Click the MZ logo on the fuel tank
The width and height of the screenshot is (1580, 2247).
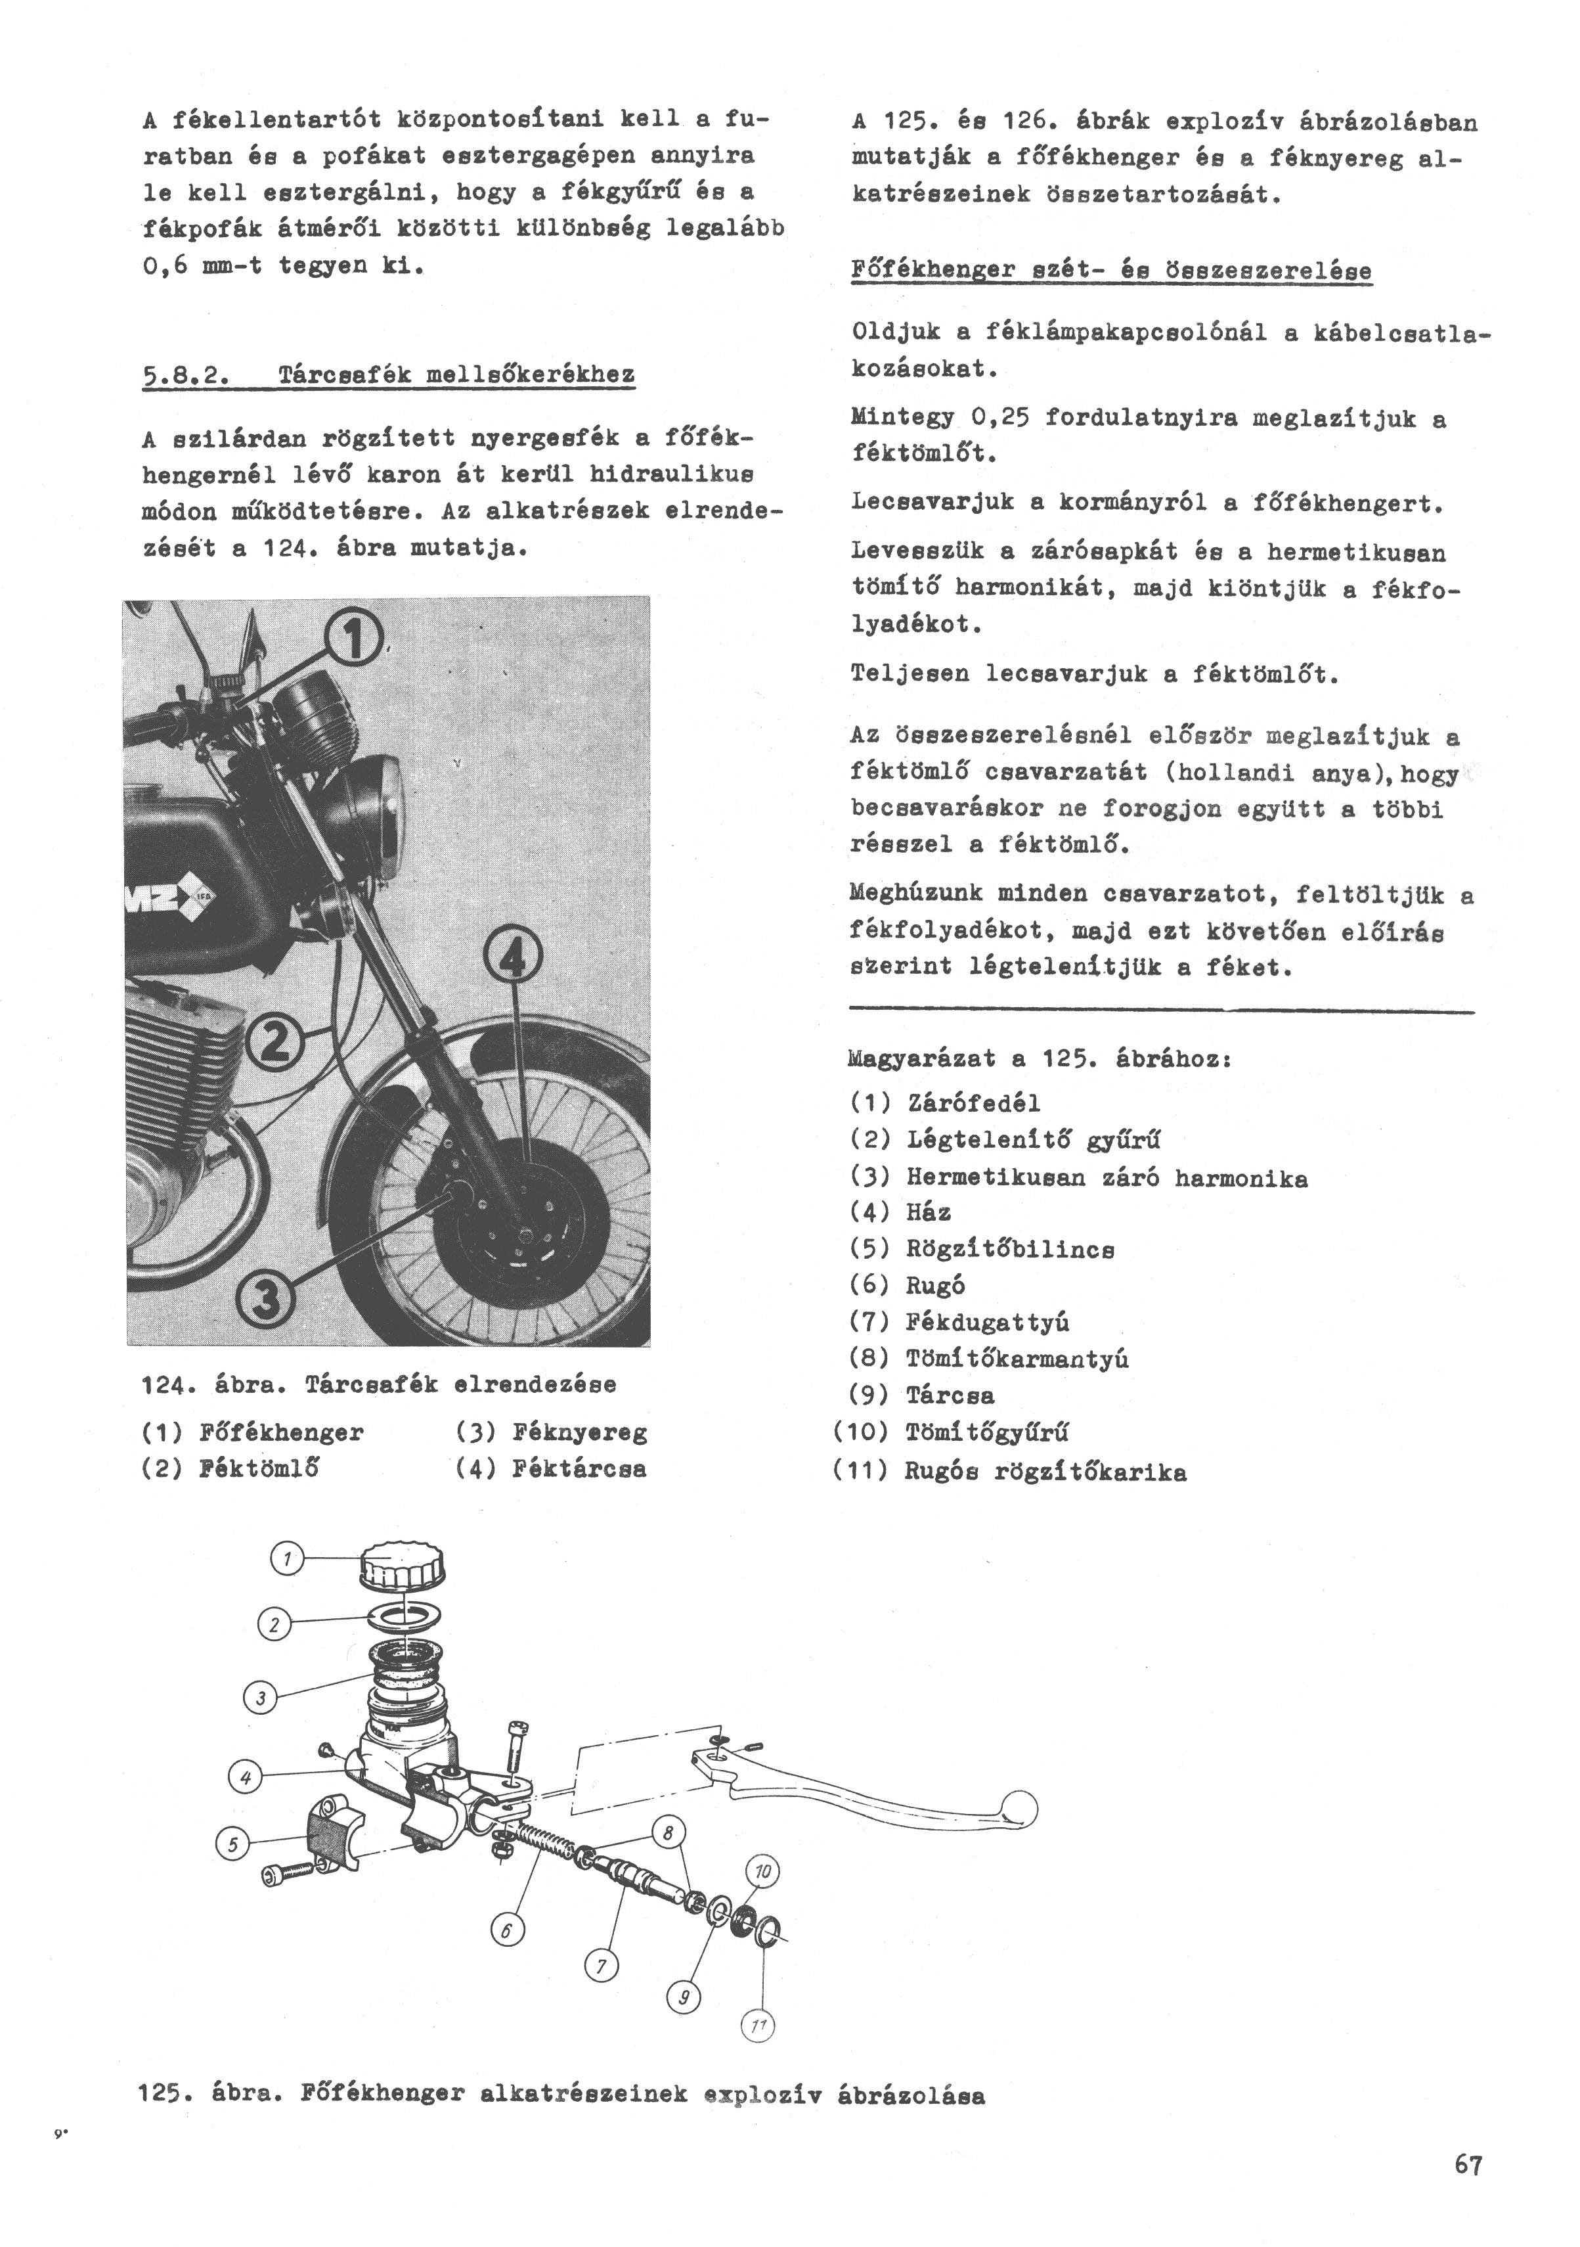tap(173, 901)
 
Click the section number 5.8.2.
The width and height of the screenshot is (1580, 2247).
tap(184, 374)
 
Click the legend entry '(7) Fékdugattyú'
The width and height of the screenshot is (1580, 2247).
tap(959, 1322)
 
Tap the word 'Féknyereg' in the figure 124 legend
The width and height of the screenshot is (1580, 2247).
tap(579, 1433)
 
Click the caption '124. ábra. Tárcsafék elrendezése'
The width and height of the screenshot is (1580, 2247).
tap(379, 1385)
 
